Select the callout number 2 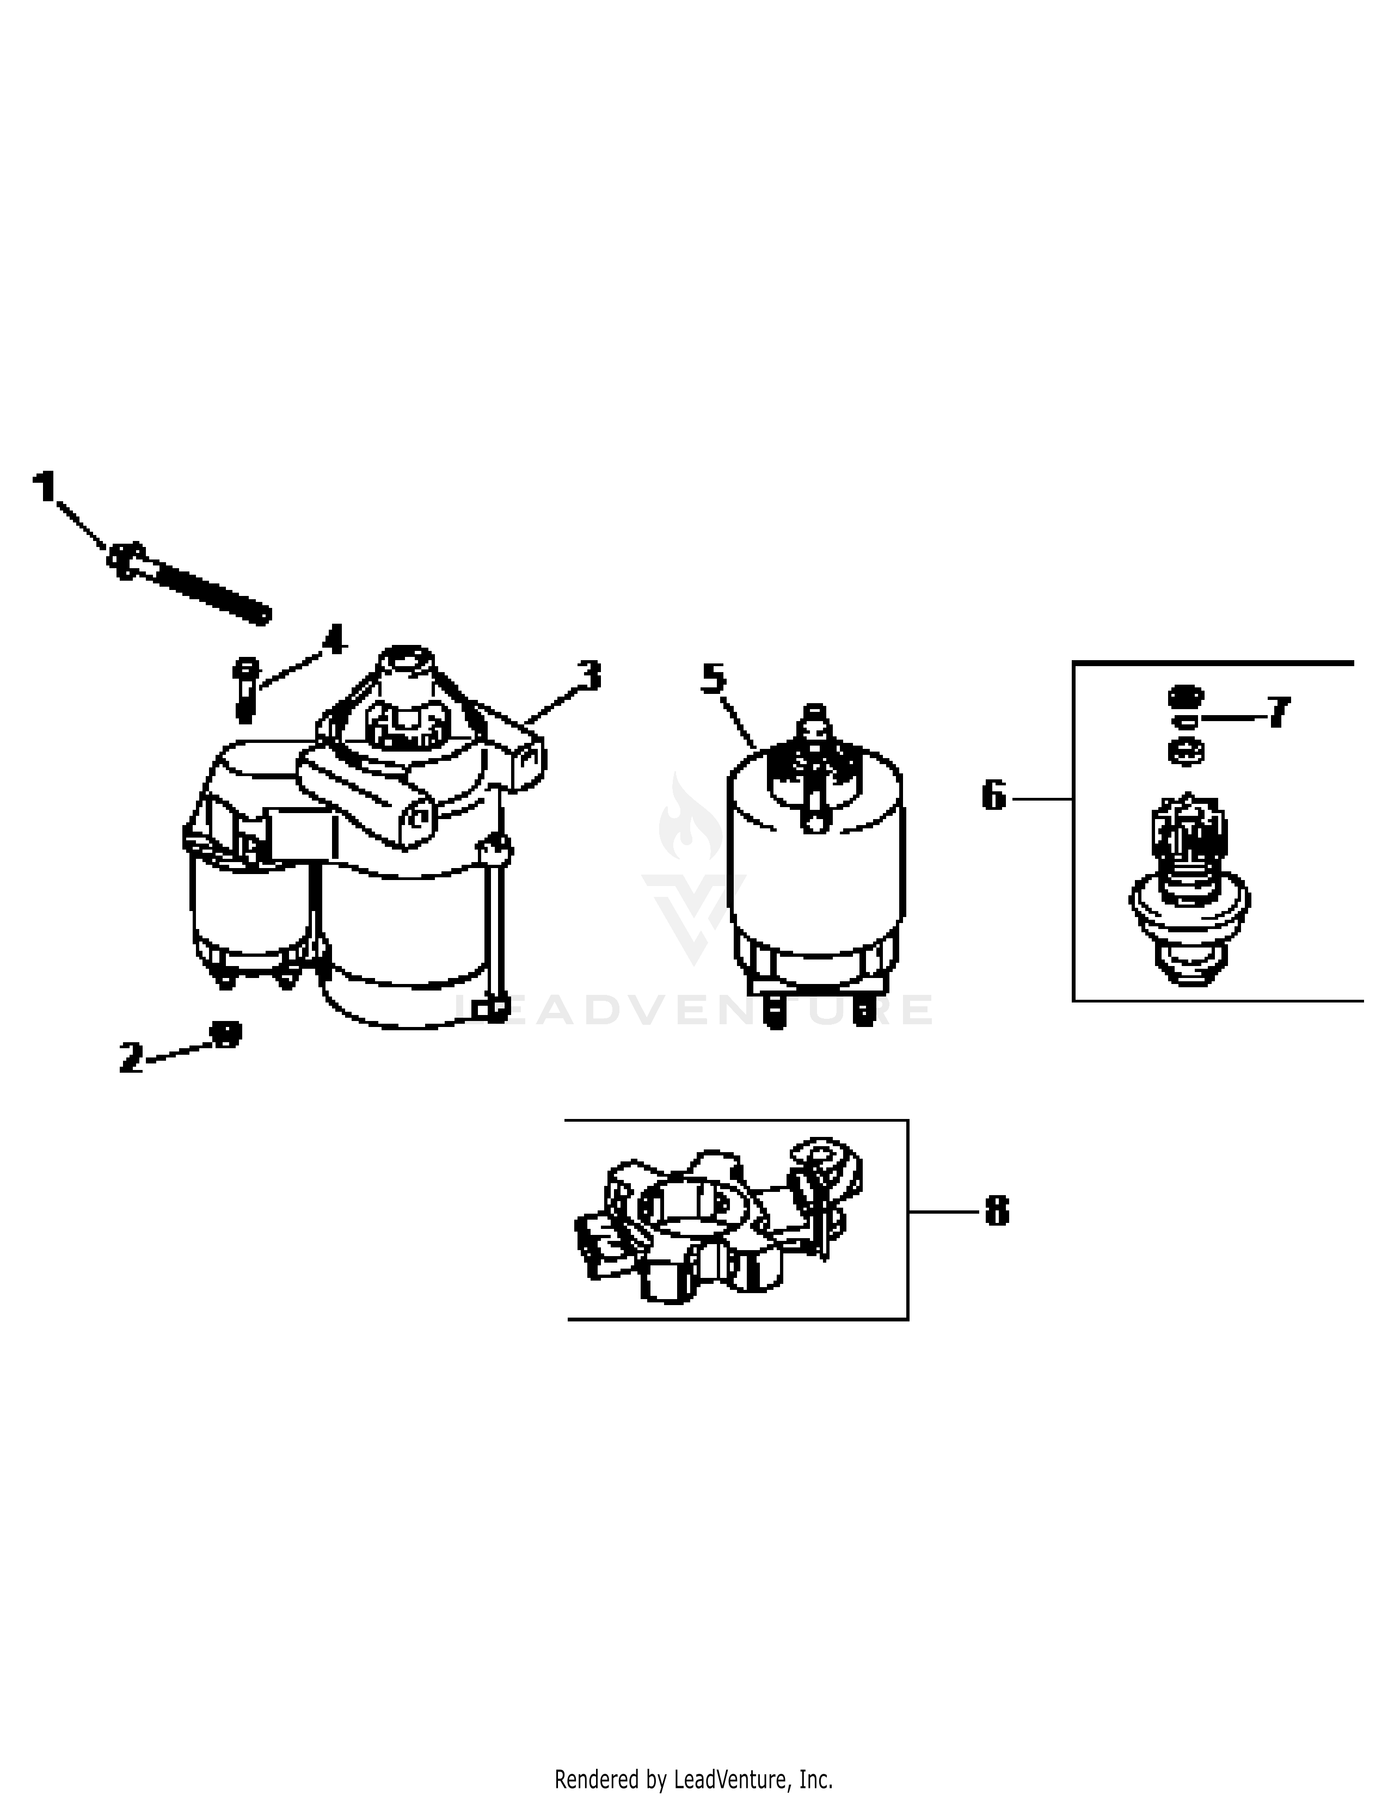click(131, 1057)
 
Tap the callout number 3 click(589, 675)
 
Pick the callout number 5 click(714, 679)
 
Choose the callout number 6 click(994, 796)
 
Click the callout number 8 click(997, 1211)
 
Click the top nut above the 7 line click(1185, 696)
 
